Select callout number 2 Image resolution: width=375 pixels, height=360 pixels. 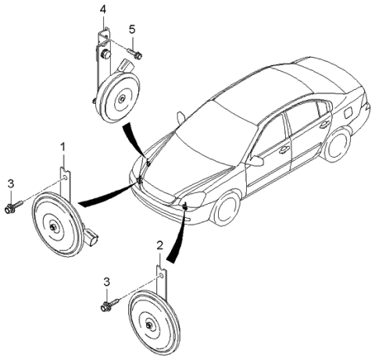[160, 245]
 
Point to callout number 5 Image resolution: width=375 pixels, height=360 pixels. [132, 30]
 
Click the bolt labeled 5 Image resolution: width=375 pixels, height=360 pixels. [137, 55]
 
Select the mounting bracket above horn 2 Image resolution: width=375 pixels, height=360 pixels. [159, 279]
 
